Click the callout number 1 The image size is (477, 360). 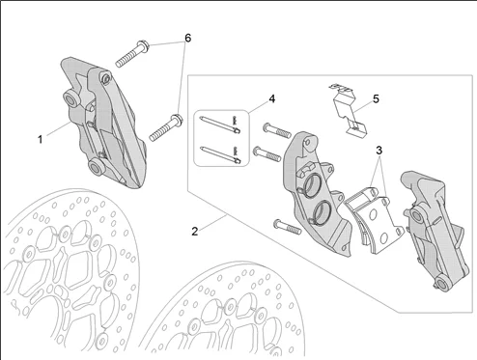pos(41,140)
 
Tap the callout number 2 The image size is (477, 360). pos(194,232)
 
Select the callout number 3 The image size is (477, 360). pos(379,151)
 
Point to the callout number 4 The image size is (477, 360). pos(272,98)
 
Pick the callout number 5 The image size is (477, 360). pos(376,98)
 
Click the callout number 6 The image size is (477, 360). pos(187,38)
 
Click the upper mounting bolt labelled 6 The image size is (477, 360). pos(132,54)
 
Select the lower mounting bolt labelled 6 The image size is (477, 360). pos(166,127)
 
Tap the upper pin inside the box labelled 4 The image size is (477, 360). pos(220,124)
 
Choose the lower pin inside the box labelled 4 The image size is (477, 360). pos(220,154)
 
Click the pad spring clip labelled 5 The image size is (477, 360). pos(348,109)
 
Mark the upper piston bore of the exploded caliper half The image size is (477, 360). pos(311,185)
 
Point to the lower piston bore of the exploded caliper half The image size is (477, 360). pos(320,212)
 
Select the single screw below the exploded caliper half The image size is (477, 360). pos(287,227)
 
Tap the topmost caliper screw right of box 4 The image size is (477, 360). pos(277,130)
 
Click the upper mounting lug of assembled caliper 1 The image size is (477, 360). pos(70,98)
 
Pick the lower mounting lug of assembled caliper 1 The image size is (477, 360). pos(96,166)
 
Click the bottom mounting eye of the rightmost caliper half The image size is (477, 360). pos(441,283)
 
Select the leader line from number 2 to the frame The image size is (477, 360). pos(212,223)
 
